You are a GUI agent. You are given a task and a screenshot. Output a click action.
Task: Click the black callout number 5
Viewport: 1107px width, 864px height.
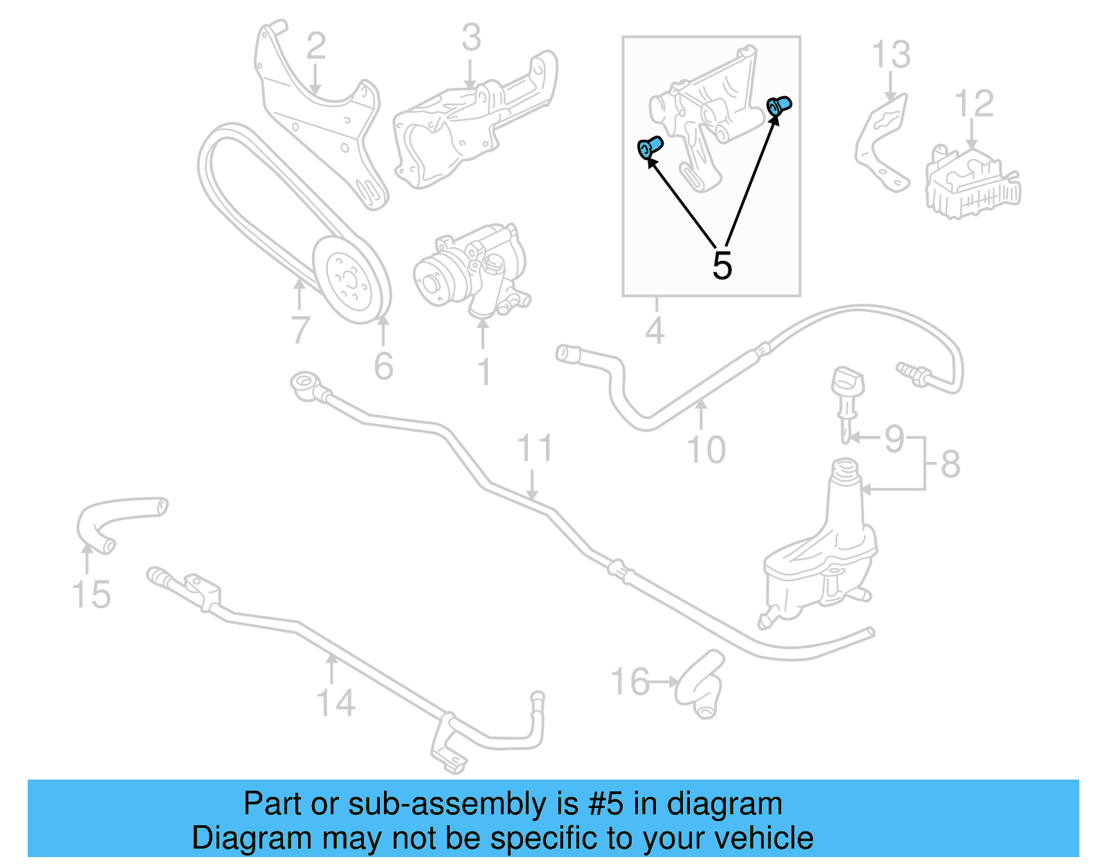point(722,266)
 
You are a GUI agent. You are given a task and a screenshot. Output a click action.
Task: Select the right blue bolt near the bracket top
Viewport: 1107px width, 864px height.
point(780,106)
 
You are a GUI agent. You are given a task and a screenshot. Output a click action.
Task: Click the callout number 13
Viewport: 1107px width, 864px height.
point(890,55)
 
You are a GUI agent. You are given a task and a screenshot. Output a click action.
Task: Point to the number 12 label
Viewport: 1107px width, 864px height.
point(973,104)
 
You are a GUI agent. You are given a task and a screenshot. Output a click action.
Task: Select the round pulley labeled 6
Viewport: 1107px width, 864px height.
point(351,280)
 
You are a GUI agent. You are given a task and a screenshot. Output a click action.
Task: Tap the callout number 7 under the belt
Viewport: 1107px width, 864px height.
point(299,329)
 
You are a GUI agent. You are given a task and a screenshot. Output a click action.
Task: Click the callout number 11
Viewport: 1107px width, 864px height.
point(535,448)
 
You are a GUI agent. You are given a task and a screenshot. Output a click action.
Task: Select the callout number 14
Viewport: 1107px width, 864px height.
point(336,703)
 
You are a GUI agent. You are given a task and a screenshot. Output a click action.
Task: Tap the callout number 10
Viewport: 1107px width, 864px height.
point(706,450)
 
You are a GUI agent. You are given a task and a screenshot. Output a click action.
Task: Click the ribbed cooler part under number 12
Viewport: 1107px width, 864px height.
point(972,183)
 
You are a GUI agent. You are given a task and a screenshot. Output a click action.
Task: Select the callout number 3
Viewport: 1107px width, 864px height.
point(470,37)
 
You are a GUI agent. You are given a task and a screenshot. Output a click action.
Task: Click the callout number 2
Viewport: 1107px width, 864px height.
point(315,46)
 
